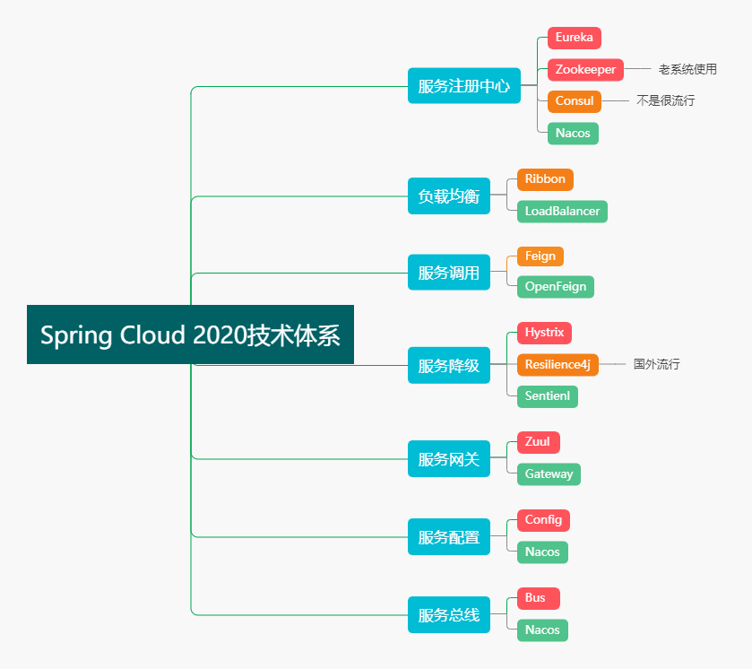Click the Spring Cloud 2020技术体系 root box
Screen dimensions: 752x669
190,334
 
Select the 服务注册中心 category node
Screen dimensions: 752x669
463,86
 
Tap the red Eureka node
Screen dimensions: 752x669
574,38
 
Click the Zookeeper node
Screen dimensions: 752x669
585,70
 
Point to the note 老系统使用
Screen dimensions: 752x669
687,69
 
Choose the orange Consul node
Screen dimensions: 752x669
574,101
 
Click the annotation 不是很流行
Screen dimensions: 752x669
665,100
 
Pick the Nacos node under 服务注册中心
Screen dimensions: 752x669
573,134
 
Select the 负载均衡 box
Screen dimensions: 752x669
448,196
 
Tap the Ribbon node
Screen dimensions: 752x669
545,179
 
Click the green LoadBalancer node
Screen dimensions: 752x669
562,212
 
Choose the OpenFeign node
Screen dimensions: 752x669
556,287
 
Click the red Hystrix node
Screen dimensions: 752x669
544,333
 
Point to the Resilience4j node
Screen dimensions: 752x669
558,365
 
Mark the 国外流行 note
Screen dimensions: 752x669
657,364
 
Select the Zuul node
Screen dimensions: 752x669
538,442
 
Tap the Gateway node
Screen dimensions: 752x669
549,474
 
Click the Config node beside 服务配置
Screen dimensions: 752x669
543,520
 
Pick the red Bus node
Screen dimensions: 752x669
538,598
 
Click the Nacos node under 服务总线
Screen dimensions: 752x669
542,630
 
